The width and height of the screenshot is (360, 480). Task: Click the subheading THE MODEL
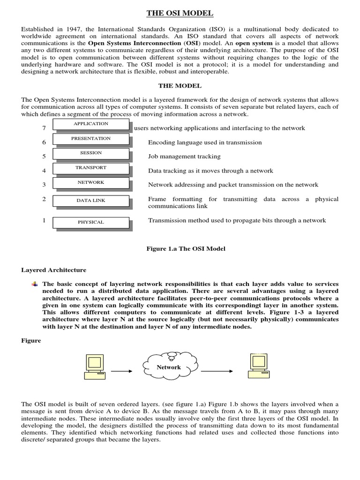point(180,86)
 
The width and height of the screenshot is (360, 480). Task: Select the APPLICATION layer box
point(91,124)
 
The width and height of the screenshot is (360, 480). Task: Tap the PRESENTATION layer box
point(91,139)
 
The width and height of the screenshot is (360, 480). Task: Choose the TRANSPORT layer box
point(91,168)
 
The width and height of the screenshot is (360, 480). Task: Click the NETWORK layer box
point(91,183)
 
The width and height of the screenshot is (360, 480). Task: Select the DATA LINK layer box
point(91,201)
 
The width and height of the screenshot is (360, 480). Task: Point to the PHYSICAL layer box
point(91,222)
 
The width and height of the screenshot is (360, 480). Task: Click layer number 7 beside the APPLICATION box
point(44,128)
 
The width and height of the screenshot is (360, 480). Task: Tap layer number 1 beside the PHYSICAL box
point(44,220)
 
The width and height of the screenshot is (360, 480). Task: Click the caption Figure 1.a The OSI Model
point(186,248)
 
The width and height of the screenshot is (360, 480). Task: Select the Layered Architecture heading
point(54,270)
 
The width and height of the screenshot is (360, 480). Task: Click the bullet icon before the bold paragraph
point(35,284)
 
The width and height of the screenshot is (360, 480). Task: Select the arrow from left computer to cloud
point(122,371)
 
